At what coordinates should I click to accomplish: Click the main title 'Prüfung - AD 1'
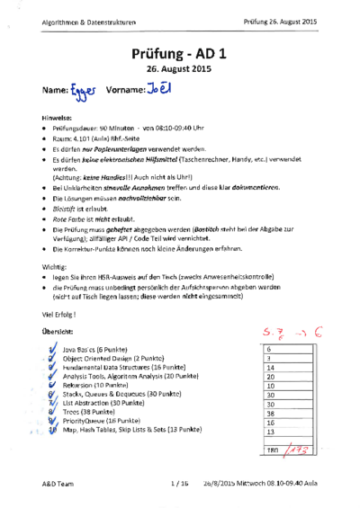[179, 55]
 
